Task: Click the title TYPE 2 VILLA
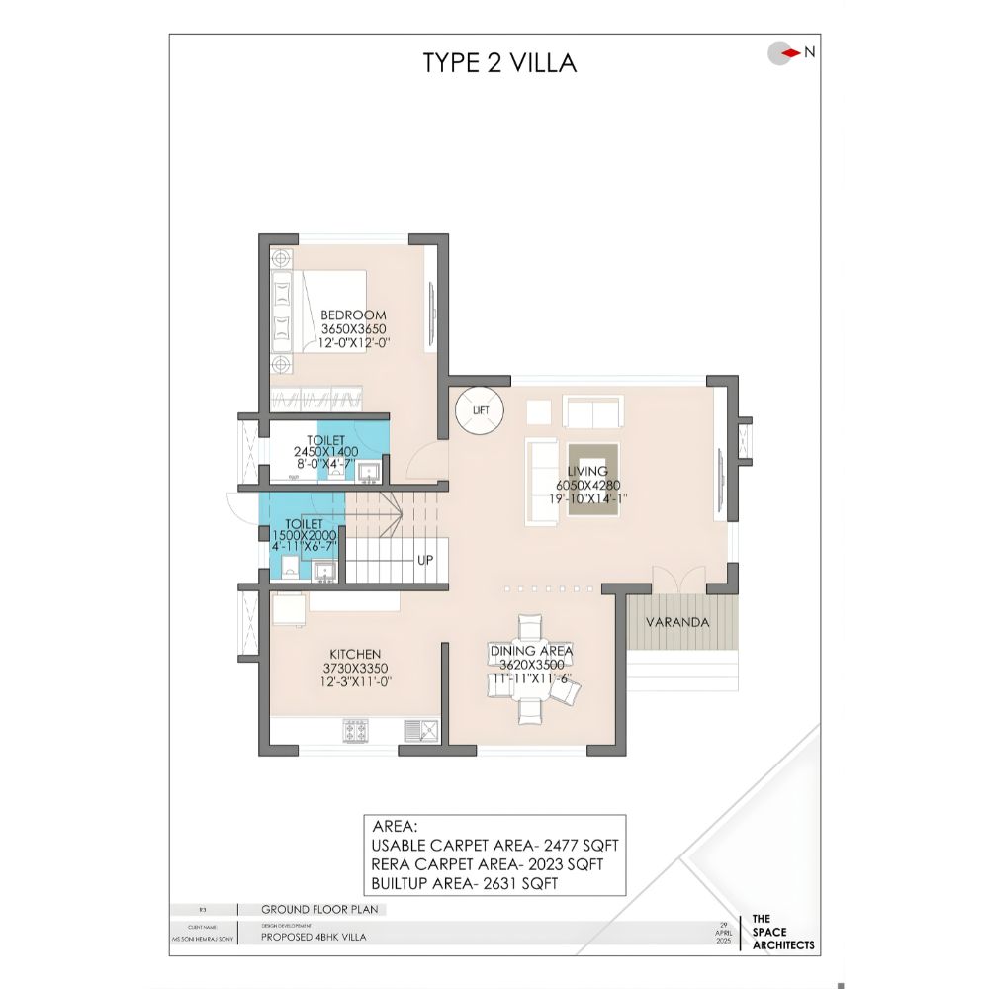[499, 62]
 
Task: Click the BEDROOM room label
[353, 315]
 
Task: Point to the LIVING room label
[587, 472]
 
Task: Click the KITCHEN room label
[355, 654]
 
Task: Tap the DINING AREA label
[531, 651]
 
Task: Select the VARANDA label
[677, 623]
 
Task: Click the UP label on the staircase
[425, 560]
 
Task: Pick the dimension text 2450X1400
[325, 451]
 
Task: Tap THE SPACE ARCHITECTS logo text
[783, 932]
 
